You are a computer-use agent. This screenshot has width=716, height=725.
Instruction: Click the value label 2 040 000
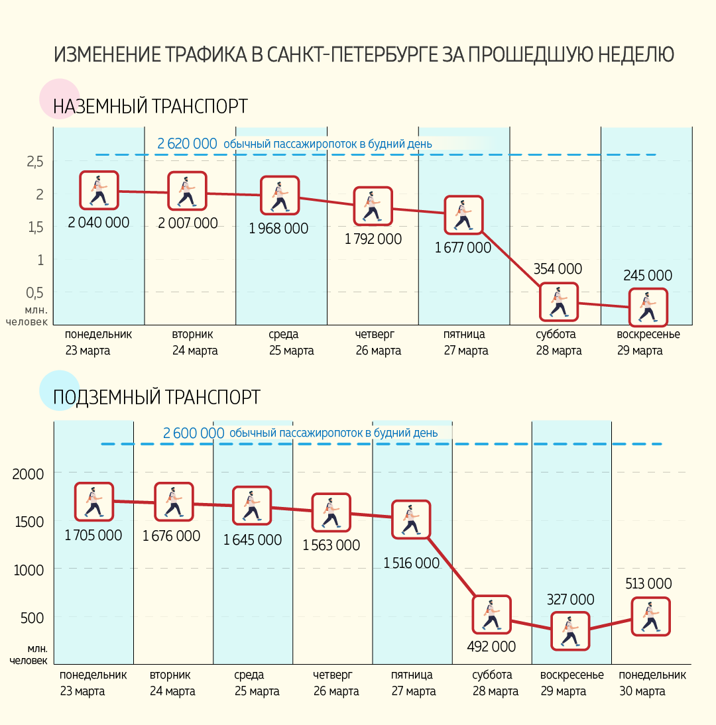(x=98, y=223)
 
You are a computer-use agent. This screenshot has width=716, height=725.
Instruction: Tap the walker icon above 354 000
(x=558, y=302)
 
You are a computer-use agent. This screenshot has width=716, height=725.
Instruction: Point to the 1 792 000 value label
(x=373, y=239)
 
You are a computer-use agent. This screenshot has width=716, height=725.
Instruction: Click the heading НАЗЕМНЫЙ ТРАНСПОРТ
(x=150, y=106)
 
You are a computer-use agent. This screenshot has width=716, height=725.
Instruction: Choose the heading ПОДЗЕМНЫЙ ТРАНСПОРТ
(x=156, y=397)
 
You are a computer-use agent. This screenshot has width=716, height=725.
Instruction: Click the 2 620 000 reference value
(x=188, y=143)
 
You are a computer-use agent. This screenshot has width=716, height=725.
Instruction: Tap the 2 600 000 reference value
(x=194, y=433)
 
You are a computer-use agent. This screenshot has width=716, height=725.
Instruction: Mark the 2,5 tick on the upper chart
(x=35, y=162)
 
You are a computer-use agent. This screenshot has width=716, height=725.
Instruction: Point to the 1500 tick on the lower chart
(x=28, y=522)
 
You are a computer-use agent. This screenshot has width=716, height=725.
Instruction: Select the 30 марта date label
(x=642, y=691)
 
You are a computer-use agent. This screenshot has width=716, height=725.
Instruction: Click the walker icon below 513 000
(x=650, y=616)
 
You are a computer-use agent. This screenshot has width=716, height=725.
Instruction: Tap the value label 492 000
(x=491, y=646)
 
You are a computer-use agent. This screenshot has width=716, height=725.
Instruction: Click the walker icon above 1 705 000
(x=93, y=502)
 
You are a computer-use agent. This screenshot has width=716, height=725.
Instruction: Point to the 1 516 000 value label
(x=411, y=563)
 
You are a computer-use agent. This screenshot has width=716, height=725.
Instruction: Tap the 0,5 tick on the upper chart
(x=35, y=293)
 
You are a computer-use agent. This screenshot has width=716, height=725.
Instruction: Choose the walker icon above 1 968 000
(x=279, y=195)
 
